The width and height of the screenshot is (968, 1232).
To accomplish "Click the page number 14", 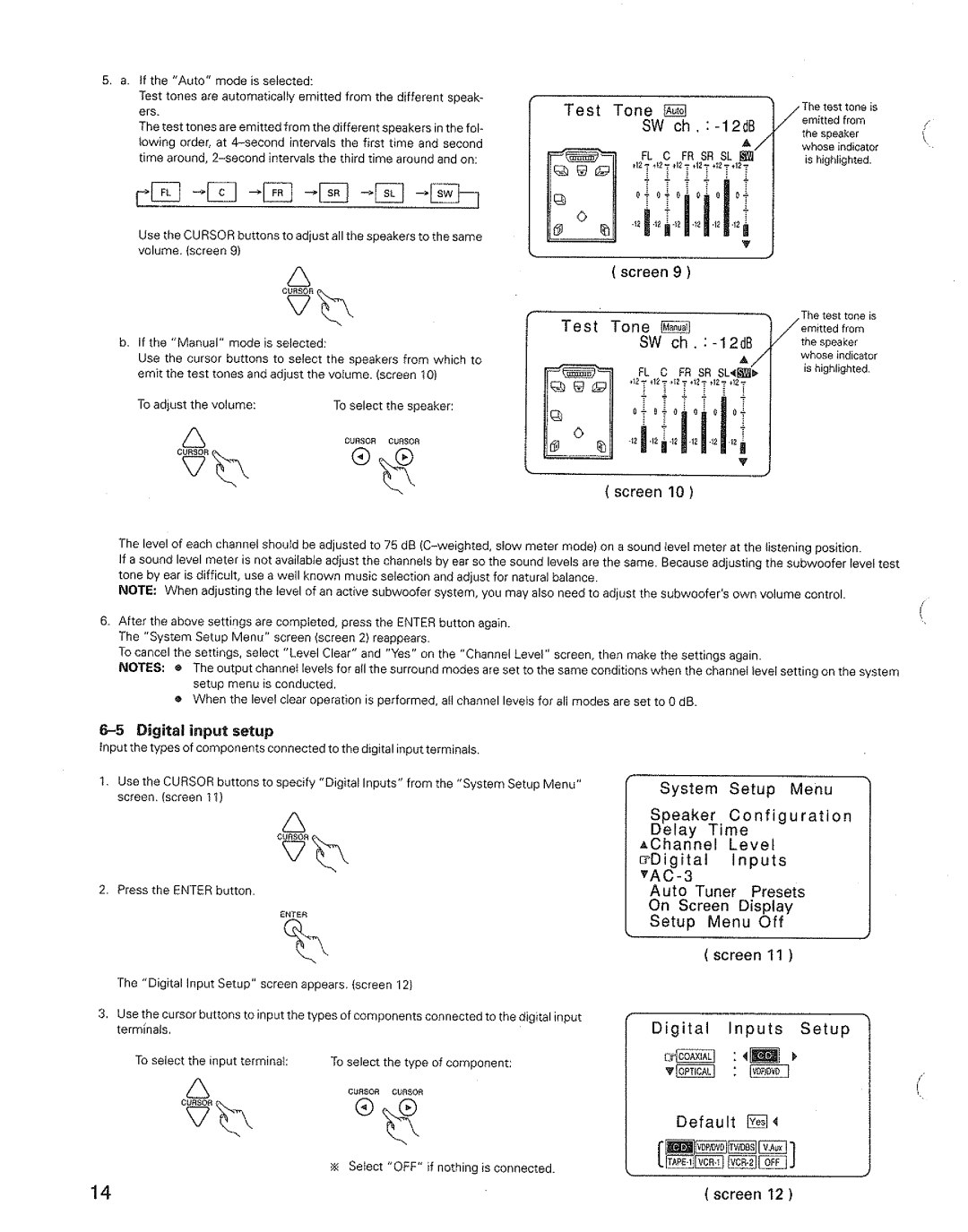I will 100,1192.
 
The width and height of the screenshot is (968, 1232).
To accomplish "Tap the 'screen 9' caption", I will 650,272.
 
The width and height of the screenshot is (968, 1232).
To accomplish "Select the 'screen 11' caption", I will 751,955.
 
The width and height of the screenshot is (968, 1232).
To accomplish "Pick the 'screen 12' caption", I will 751,1193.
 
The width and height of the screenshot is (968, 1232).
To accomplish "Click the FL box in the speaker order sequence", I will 165,193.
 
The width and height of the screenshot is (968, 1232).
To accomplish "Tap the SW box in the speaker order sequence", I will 445,193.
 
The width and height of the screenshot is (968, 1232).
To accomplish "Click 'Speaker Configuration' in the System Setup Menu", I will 750,815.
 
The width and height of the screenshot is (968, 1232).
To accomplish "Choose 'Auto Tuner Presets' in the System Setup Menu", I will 727,892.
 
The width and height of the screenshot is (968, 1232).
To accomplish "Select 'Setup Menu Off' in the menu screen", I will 716,921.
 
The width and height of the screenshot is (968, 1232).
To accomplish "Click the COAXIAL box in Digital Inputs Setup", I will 695,1056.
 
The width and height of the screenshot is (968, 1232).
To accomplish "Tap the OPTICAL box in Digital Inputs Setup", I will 695,1072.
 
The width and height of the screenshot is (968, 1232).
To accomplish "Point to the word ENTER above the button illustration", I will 293,914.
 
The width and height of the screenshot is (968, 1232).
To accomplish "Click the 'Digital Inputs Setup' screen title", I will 750,1029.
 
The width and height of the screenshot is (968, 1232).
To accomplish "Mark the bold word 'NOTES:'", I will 142,668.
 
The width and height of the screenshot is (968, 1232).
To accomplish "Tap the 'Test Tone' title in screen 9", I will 608,110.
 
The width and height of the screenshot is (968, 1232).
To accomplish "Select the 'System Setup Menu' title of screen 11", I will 746,788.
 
